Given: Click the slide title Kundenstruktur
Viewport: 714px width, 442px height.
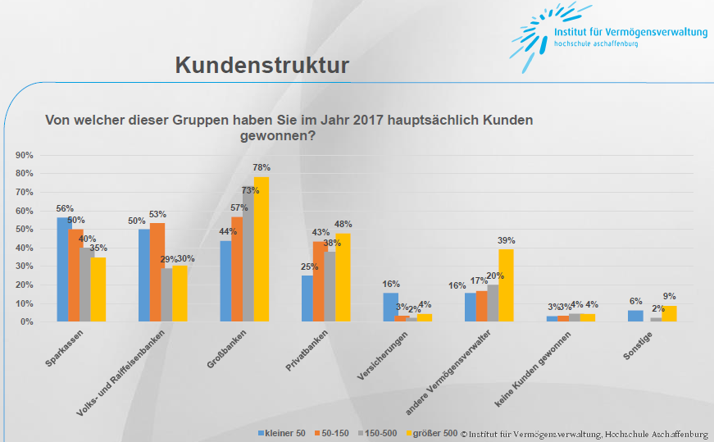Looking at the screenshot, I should pyautogui.click(x=261, y=66).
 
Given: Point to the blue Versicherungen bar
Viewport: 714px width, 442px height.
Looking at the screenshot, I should pyautogui.click(x=391, y=307).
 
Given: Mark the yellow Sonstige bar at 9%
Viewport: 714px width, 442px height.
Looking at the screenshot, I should pyautogui.click(x=669, y=313).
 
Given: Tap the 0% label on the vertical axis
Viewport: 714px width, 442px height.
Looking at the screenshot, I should pyautogui.click(x=25, y=321).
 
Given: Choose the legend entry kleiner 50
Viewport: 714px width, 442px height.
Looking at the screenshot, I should pyautogui.click(x=283, y=432).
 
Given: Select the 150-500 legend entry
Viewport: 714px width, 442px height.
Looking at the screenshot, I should pyautogui.click(x=380, y=432).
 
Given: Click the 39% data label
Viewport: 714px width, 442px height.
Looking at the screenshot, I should pyautogui.click(x=507, y=240).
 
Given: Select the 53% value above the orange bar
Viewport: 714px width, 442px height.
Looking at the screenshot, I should pyautogui.click(x=158, y=215).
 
